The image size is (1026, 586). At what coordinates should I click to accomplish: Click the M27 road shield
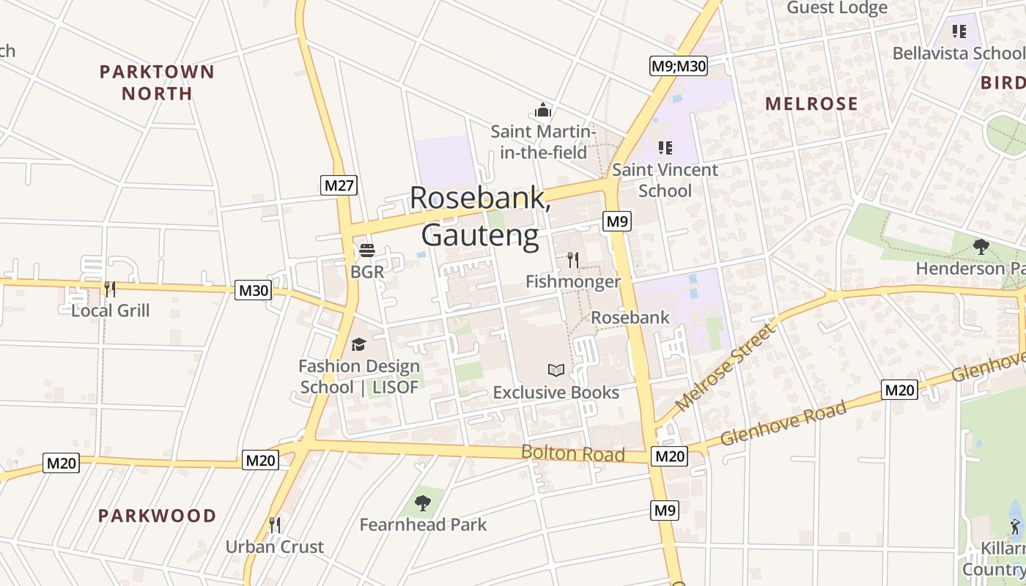339,185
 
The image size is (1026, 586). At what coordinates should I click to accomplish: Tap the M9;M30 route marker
678,66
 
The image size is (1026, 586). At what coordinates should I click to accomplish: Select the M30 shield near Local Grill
254,290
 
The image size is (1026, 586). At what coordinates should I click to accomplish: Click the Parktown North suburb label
157,82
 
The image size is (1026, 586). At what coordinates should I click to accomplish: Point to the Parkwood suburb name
157,516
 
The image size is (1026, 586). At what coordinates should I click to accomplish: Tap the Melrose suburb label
811,103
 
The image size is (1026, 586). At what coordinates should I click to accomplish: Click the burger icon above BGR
366,251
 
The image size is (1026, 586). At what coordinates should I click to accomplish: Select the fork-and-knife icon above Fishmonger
573,259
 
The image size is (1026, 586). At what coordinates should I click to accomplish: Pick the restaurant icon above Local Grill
110,289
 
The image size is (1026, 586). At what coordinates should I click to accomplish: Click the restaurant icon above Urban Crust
274,524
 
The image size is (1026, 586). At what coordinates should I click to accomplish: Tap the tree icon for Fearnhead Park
422,502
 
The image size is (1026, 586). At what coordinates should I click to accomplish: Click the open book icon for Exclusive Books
556,371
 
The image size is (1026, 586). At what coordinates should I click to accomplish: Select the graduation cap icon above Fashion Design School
358,344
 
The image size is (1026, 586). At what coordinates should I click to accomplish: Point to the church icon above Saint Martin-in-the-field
542,110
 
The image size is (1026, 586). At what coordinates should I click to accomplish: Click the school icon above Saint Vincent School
665,148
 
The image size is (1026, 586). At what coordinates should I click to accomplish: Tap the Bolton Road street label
572,453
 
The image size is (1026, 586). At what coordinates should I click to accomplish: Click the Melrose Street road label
725,366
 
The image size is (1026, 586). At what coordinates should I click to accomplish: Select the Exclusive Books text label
556,393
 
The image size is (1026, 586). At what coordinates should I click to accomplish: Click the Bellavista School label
958,53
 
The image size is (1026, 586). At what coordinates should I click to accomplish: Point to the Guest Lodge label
837,8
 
